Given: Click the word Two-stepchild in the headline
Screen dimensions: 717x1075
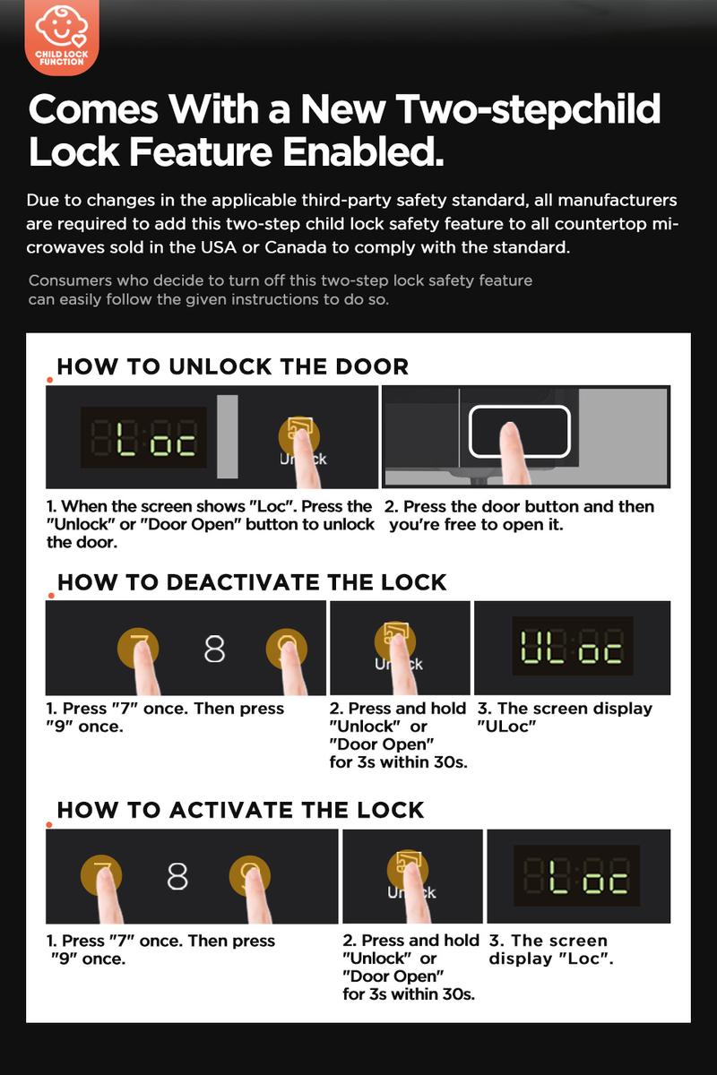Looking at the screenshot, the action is [x=529, y=109].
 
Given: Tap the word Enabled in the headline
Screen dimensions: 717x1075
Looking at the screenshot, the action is [x=363, y=151].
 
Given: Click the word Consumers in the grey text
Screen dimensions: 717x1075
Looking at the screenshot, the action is [x=70, y=280].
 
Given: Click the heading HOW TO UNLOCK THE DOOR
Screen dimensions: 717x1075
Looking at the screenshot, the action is [x=232, y=366].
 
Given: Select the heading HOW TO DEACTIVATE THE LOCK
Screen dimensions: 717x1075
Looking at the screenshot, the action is [x=252, y=582].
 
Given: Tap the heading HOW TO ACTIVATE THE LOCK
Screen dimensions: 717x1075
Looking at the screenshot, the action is [x=240, y=811].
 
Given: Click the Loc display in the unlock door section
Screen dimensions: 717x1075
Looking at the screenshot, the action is [x=143, y=437].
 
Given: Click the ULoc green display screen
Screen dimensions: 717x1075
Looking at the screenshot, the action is [x=573, y=646].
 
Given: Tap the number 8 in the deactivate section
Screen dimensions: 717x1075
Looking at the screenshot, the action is [x=214, y=649].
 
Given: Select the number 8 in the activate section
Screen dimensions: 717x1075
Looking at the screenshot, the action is [x=177, y=876].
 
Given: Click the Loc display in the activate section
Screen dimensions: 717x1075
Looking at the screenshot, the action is [x=577, y=875].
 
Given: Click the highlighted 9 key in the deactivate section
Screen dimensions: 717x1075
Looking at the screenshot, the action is [x=287, y=648].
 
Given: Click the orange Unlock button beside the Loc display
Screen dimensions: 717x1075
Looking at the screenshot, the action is [x=299, y=436].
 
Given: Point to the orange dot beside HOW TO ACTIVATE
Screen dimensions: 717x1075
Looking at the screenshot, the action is [x=49, y=824].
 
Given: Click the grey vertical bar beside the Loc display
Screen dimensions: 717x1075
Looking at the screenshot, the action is [x=227, y=437].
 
